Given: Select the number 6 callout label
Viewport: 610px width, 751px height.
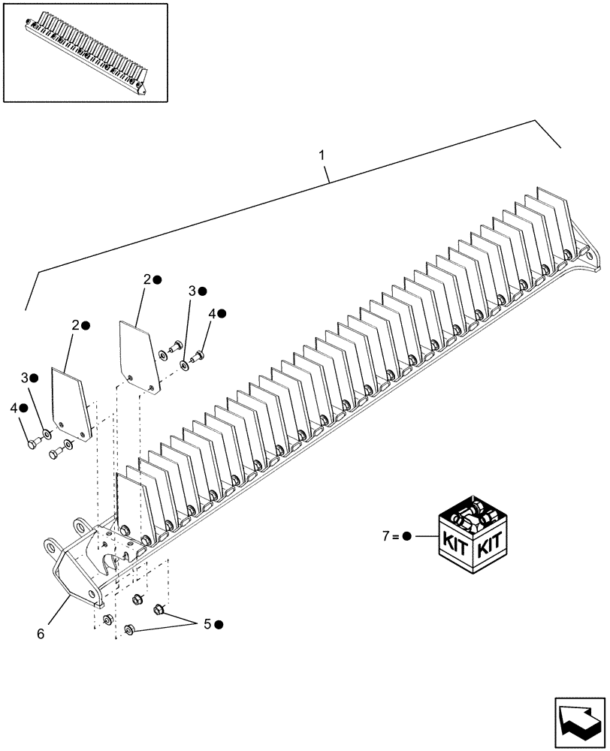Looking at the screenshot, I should coord(40,634).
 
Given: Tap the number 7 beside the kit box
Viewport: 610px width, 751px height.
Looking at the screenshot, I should coord(385,536).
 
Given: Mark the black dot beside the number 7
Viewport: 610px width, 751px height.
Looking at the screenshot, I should coord(406,536).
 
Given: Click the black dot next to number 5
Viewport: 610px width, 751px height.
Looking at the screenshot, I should coord(219,624).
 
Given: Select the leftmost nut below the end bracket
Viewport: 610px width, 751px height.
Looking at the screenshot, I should coord(107,619).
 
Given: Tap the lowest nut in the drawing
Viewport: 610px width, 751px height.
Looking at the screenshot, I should coord(128,629).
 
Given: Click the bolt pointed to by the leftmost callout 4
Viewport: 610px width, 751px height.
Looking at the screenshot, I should coord(32,444).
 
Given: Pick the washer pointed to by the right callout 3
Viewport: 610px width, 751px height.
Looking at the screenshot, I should coord(184,365).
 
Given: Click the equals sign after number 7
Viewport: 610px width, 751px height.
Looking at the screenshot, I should coord(395,536).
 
